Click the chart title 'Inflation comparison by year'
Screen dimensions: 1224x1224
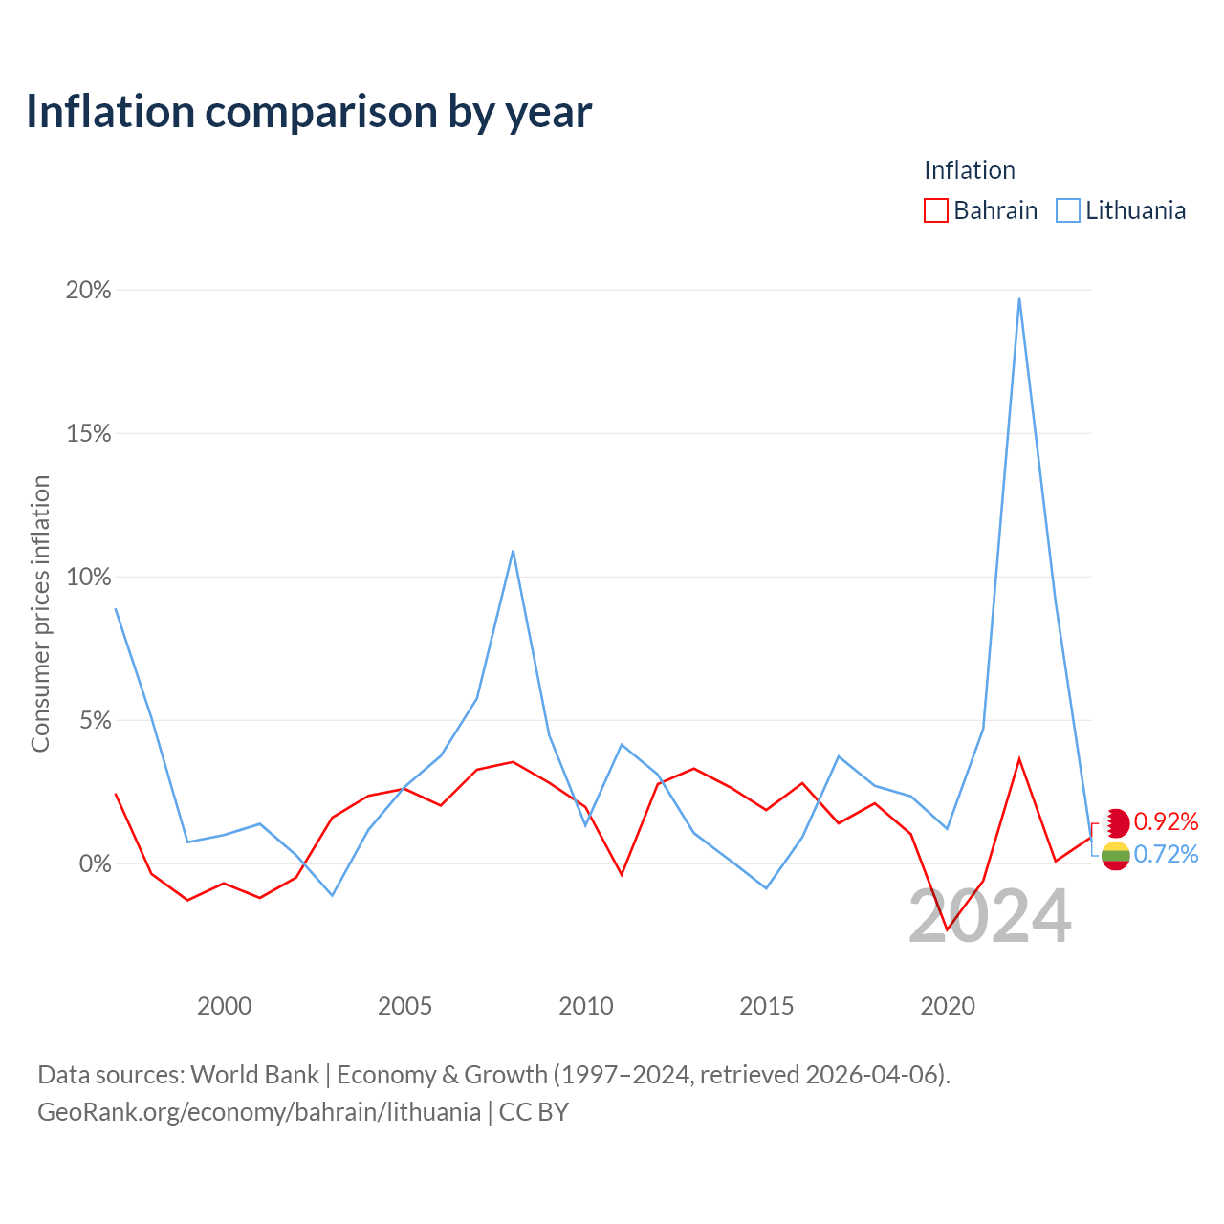[309, 112]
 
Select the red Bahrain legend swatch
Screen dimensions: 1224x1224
[935, 210]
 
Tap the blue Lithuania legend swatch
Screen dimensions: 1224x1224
[1068, 210]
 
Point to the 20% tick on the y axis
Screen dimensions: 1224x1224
[88, 291]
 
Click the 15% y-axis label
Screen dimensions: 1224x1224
[88, 434]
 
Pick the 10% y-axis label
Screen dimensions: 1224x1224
[88, 578]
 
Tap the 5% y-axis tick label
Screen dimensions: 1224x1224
[95, 720]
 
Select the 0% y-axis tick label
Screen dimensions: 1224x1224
[95, 863]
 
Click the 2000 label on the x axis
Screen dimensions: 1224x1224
[224, 1006]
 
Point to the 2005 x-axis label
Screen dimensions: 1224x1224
[405, 1006]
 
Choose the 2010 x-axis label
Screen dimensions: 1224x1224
[586, 1006]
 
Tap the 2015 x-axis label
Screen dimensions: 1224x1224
[767, 1006]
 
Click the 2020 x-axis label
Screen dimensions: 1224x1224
[948, 1006]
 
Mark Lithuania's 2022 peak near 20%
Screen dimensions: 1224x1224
[1019, 298]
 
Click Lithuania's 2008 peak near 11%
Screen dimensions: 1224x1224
[514, 551]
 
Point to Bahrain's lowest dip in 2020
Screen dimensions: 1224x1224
[947, 929]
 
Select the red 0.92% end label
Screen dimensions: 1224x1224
[1167, 822]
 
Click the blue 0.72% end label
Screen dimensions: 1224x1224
[1167, 854]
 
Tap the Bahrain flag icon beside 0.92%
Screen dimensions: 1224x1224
[1116, 823]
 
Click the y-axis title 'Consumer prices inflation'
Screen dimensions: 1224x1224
[41, 614]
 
